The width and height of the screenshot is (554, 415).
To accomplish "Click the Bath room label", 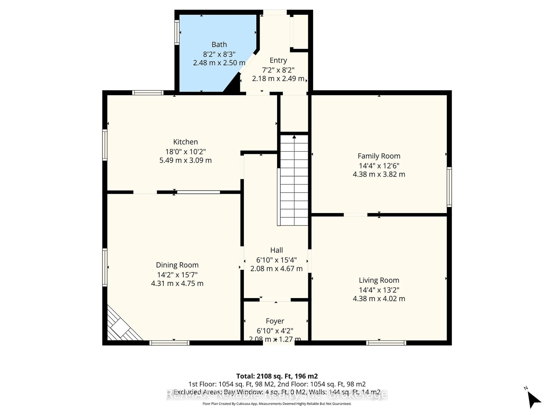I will [x=219, y=45].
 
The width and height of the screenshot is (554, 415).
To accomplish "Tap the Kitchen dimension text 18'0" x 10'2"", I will [x=185, y=152].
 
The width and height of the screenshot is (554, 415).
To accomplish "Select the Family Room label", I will [x=379, y=156].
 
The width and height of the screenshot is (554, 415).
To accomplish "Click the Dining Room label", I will [x=177, y=265].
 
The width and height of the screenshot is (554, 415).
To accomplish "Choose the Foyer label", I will [x=275, y=321].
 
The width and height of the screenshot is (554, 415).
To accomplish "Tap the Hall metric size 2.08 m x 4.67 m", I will [x=276, y=269].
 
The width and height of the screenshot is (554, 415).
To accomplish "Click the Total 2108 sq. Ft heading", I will [x=277, y=376].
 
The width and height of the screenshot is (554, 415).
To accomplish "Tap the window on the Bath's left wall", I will [x=177, y=33].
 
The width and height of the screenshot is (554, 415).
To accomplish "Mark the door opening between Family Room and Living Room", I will [x=355, y=215].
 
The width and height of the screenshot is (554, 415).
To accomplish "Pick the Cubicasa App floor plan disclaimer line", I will [x=277, y=404].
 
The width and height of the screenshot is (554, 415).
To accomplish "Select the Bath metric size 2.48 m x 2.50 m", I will [x=219, y=63].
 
